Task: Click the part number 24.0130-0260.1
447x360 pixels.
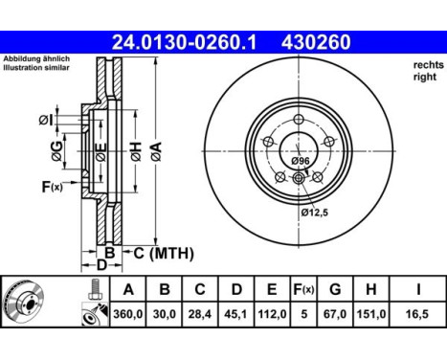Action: click(x=184, y=42)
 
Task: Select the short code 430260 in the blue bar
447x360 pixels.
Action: click(x=316, y=42)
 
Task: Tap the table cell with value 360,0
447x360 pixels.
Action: click(x=128, y=314)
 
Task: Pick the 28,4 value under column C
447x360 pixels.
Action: click(x=200, y=314)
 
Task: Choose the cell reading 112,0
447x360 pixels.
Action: click(x=272, y=314)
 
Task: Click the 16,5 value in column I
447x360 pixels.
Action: click(x=417, y=314)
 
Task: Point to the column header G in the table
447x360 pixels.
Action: click(x=335, y=289)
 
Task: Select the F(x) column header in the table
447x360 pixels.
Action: click(x=303, y=289)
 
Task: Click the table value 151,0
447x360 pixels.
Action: click(x=371, y=314)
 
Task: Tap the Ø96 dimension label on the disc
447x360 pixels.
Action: click(x=301, y=161)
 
